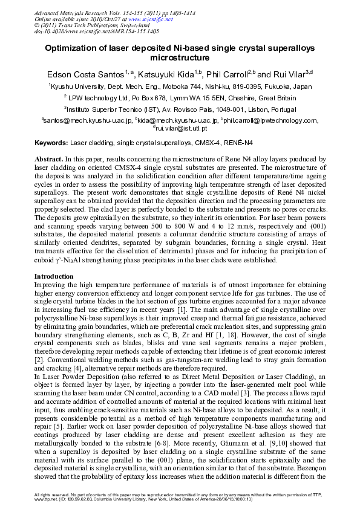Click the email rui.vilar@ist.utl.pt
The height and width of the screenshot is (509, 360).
(x=182, y=128)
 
